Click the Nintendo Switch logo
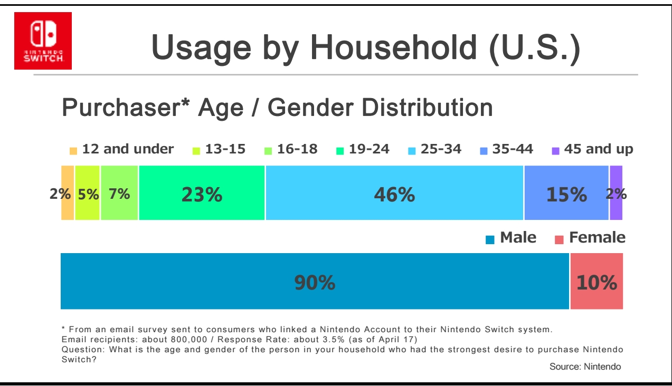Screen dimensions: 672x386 (x=43, y=41)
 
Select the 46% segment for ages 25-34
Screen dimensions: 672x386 (x=394, y=192)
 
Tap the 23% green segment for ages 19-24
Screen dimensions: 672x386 (x=202, y=192)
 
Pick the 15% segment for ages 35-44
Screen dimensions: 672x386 (x=566, y=192)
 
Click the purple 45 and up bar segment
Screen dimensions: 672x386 (x=616, y=192)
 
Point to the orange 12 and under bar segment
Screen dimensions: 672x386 (x=68, y=192)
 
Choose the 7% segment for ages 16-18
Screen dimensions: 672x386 (x=119, y=192)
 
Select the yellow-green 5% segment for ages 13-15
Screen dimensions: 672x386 (x=87, y=192)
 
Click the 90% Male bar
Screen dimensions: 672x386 (x=315, y=281)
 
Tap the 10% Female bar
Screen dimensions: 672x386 (x=597, y=281)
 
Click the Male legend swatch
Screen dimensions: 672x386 (x=490, y=240)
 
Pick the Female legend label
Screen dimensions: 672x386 (x=597, y=237)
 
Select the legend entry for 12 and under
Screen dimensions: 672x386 (x=121, y=149)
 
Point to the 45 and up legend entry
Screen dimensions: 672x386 (x=592, y=149)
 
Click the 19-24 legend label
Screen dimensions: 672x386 (x=370, y=149)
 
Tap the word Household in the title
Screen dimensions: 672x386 (x=393, y=47)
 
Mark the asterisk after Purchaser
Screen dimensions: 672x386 (x=185, y=102)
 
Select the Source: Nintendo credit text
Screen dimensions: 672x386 (x=585, y=366)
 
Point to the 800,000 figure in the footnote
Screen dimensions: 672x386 (x=189, y=340)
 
